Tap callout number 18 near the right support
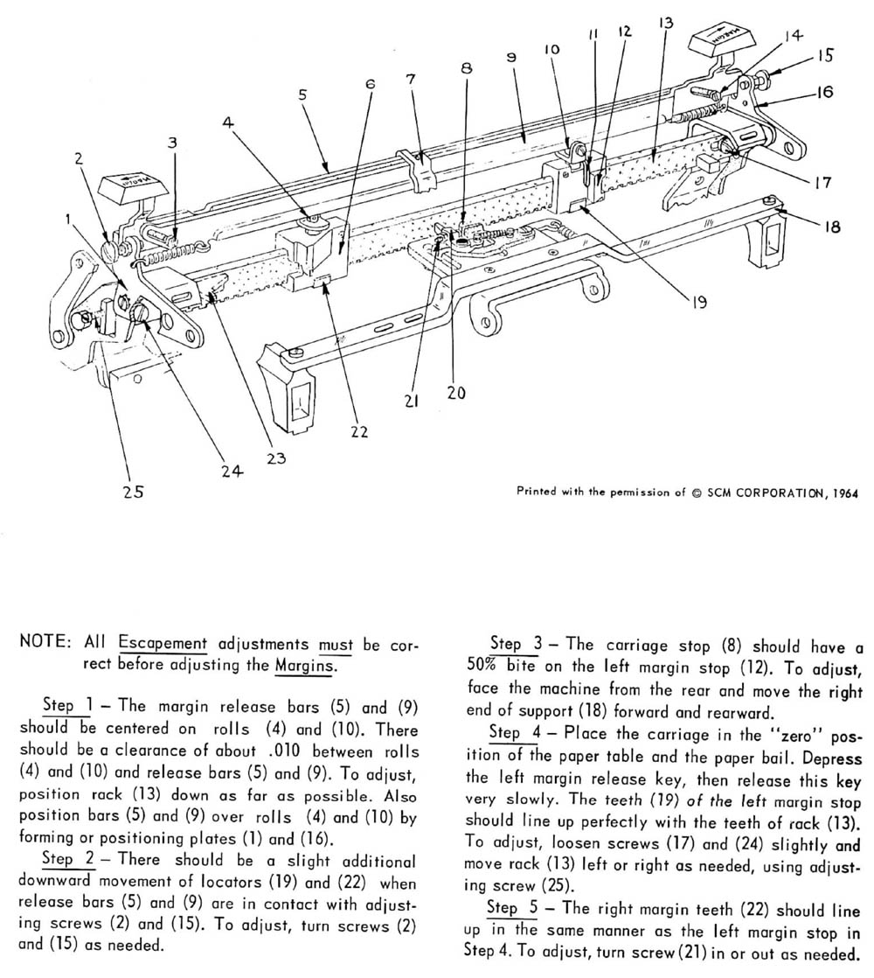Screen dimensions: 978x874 pyautogui.click(x=831, y=226)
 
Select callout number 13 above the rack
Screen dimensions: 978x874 pyautogui.click(x=666, y=24)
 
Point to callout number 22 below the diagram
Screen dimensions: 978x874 pyautogui.click(x=358, y=431)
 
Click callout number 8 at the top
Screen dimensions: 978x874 pyautogui.click(x=468, y=66)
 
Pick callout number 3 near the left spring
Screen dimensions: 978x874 pyautogui.click(x=173, y=142)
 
